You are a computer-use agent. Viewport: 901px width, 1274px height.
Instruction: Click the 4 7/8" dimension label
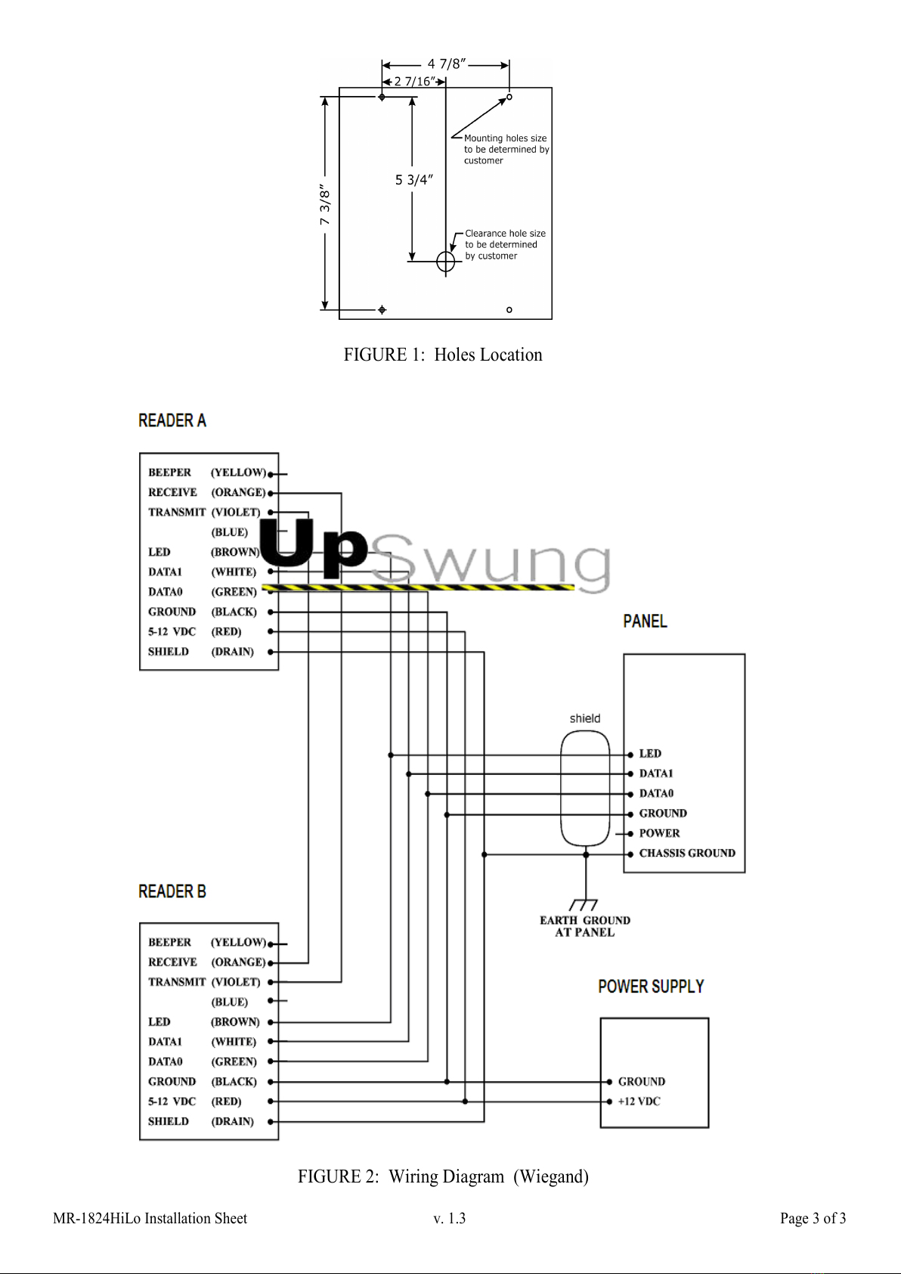click(x=447, y=64)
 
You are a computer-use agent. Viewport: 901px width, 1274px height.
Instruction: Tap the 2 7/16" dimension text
click(x=414, y=82)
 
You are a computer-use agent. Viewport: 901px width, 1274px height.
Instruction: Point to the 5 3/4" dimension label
click(x=413, y=180)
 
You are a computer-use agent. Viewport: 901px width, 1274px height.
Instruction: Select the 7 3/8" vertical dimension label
click(x=324, y=204)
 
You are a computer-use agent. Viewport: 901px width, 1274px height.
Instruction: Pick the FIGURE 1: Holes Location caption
click(x=443, y=355)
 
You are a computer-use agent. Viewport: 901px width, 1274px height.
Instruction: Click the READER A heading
click(x=172, y=420)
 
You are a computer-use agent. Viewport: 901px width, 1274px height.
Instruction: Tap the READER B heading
click(x=172, y=891)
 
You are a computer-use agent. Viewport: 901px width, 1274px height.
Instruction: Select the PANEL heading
click(x=646, y=621)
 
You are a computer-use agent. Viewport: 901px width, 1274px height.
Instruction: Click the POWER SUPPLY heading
click(x=651, y=986)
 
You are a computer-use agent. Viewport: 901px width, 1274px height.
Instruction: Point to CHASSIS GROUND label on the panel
click(x=687, y=853)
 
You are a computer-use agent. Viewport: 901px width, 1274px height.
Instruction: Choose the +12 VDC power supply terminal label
click(x=639, y=1101)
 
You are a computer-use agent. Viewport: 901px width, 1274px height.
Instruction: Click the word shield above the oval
click(x=585, y=718)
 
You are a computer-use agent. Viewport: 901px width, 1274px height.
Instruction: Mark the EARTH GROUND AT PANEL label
click(x=585, y=926)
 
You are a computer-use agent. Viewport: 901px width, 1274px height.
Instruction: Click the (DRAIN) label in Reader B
click(x=233, y=1121)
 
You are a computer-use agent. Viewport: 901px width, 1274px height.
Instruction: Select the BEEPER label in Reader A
click(x=169, y=472)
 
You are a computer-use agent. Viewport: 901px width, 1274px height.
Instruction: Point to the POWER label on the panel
click(x=659, y=833)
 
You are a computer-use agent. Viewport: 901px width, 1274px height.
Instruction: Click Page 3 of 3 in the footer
click(x=813, y=1218)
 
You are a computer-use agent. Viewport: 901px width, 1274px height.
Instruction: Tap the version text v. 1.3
click(x=449, y=1218)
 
